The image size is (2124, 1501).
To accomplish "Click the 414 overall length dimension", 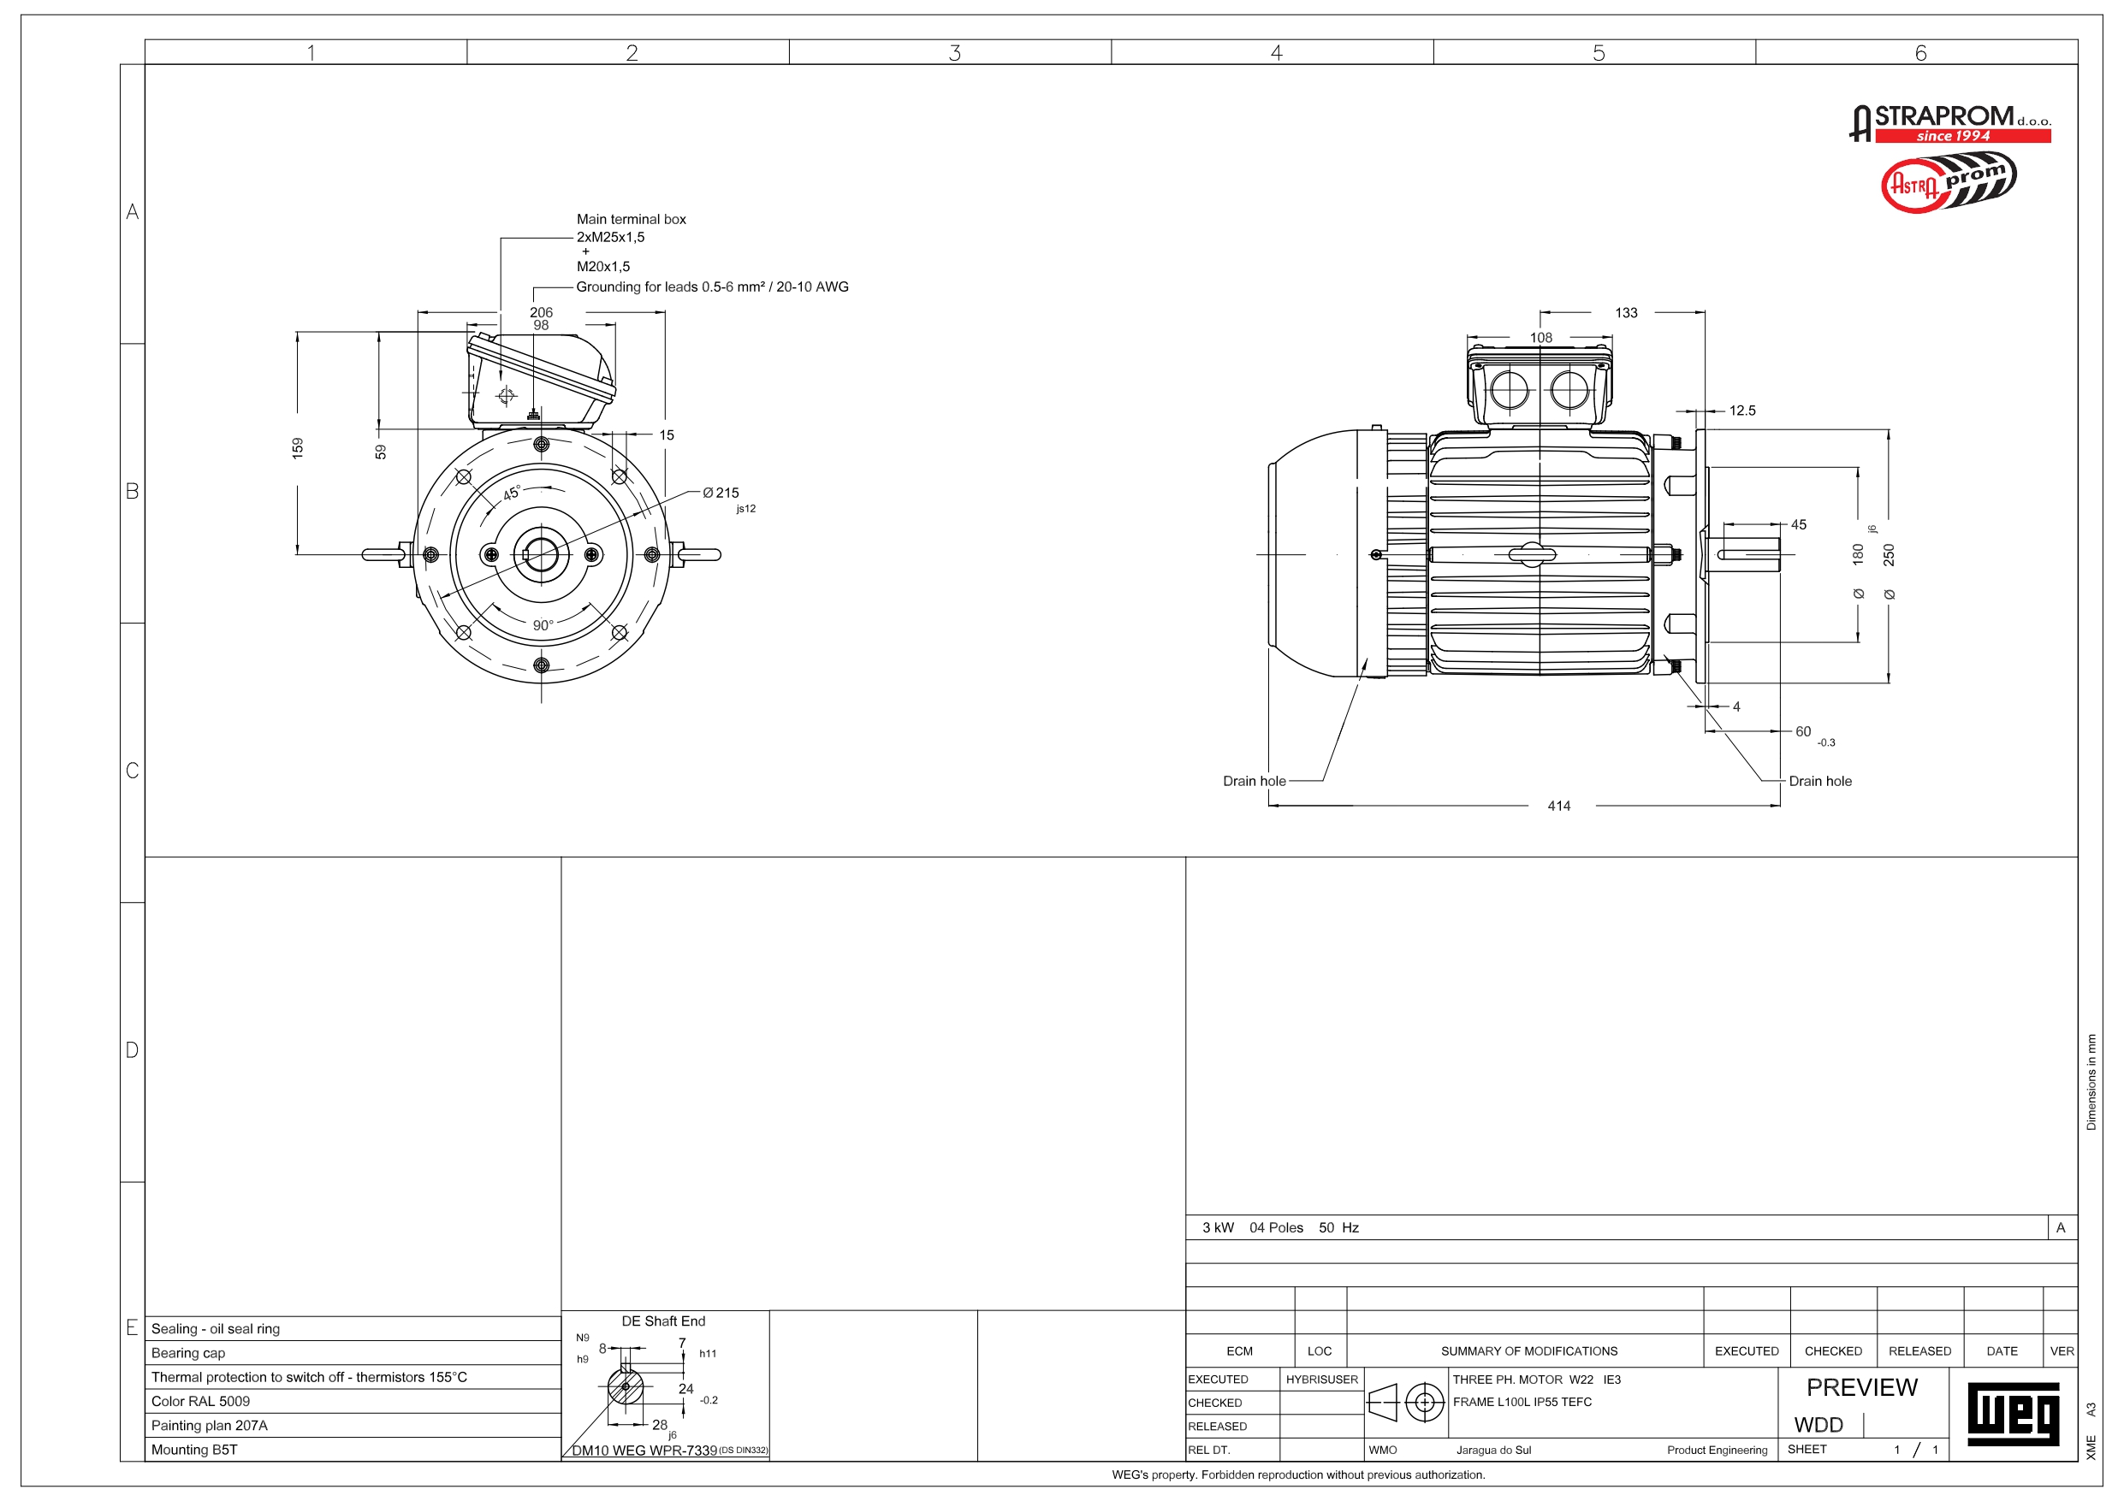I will (x=1559, y=807).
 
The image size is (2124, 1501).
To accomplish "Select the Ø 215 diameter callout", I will (x=721, y=493).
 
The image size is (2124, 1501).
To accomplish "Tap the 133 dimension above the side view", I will (x=1626, y=312).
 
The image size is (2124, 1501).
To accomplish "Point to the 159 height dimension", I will (x=298, y=448).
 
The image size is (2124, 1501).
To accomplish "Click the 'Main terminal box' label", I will (x=631, y=219).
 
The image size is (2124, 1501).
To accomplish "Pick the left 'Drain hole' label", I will (x=1254, y=782).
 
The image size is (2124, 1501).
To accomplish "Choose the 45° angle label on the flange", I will (x=512, y=493).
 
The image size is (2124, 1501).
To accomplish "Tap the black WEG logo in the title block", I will (x=2013, y=1414).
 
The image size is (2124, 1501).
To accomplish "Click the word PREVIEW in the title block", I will (x=1861, y=1387).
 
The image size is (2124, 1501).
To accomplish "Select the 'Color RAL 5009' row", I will (x=201, y=1401).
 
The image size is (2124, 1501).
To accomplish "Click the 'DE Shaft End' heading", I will (x=663, y=1321).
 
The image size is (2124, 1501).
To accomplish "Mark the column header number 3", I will (x=955, y=53).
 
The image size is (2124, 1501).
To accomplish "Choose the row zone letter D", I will (x=133, y=1049).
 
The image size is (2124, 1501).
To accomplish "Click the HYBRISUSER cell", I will (x=1321, y=1379).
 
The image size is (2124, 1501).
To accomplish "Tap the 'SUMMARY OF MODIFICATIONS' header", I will (x=1528, y=1351).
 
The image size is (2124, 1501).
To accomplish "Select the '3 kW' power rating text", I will (x=1218, y=1228).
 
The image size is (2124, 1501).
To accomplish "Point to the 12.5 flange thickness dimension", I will (x=1742, y=411).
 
